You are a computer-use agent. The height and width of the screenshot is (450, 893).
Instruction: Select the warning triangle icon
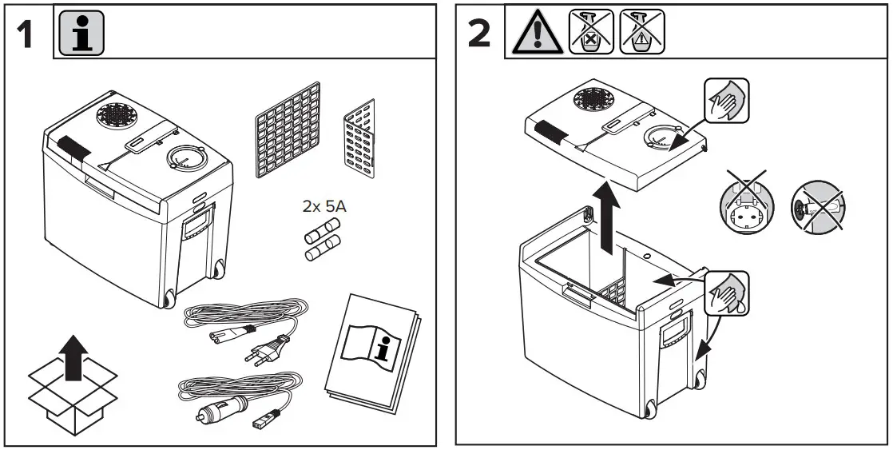(536, 33)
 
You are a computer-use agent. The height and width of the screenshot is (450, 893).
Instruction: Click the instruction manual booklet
(371, 351)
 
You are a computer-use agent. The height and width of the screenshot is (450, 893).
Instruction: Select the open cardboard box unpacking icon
(73, 384)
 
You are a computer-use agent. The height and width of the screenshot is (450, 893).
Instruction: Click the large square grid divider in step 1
(287, 130)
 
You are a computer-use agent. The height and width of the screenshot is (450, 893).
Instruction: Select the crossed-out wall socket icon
(748, 207)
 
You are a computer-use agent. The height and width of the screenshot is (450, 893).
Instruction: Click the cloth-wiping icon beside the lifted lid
(726, 101)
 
